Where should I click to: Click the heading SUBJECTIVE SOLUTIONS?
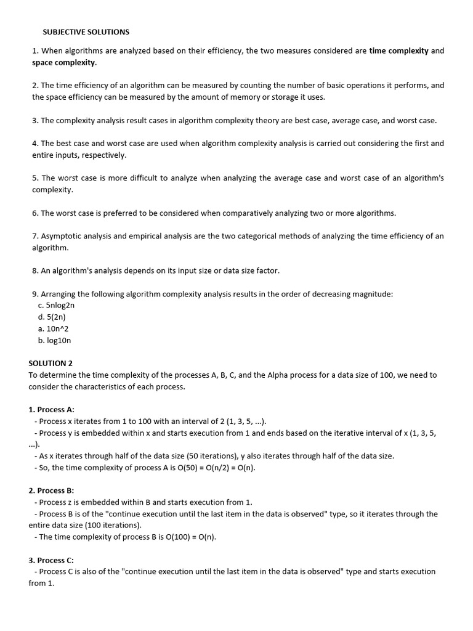coord(86,31)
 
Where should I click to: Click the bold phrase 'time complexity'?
coord(398,51)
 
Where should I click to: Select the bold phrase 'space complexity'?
coord(64,63)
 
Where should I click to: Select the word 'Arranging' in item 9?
coord(59,294)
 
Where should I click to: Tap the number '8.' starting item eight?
coord(35,271)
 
